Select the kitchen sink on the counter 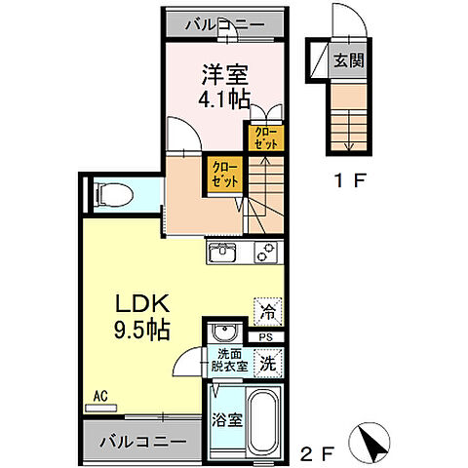coord(224,253)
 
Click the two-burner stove coord(265,253)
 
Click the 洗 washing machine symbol coord(266,365)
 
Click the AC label coord(98,398)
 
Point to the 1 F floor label coord(346,180)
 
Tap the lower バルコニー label coord(142,442)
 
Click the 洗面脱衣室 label coord(230,364)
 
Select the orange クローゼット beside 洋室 coord(264,137)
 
